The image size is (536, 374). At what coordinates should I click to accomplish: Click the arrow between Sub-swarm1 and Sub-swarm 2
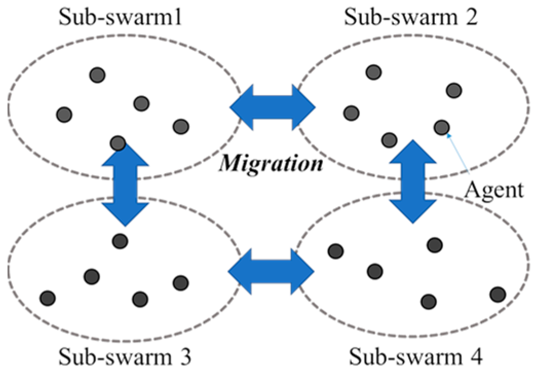(x=273, y=108)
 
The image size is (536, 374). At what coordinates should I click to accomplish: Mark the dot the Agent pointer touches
(x=442, y=126)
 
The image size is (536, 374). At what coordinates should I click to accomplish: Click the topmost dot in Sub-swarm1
(x=97, y=75)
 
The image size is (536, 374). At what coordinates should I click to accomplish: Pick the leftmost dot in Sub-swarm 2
(x=351, y=112)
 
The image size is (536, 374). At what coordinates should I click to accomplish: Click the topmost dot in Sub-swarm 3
(x=120, y=240)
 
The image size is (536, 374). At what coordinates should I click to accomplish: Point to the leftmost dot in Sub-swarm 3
(x=47, y=297)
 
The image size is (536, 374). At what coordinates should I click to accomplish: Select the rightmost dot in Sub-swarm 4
(x=497, y=294)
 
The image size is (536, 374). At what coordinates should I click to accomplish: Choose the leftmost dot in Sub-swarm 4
(x=335, y=251)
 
